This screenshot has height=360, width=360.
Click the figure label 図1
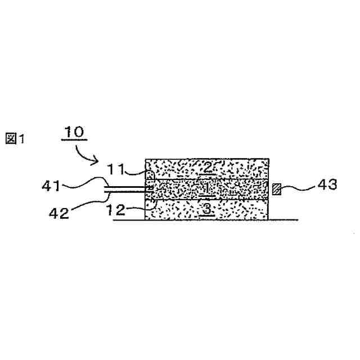coord(15,139)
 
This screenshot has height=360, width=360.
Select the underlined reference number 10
coord(74,132)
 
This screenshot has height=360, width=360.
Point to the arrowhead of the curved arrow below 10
coord(96,160)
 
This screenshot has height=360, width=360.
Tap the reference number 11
coord(116,169)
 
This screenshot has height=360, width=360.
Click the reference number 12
coord(116,209)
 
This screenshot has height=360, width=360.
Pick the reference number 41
coord(51,186)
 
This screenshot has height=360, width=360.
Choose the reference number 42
coord(59,213)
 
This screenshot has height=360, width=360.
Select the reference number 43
coord(327,184)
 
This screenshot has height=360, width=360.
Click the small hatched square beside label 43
coord(276,189)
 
